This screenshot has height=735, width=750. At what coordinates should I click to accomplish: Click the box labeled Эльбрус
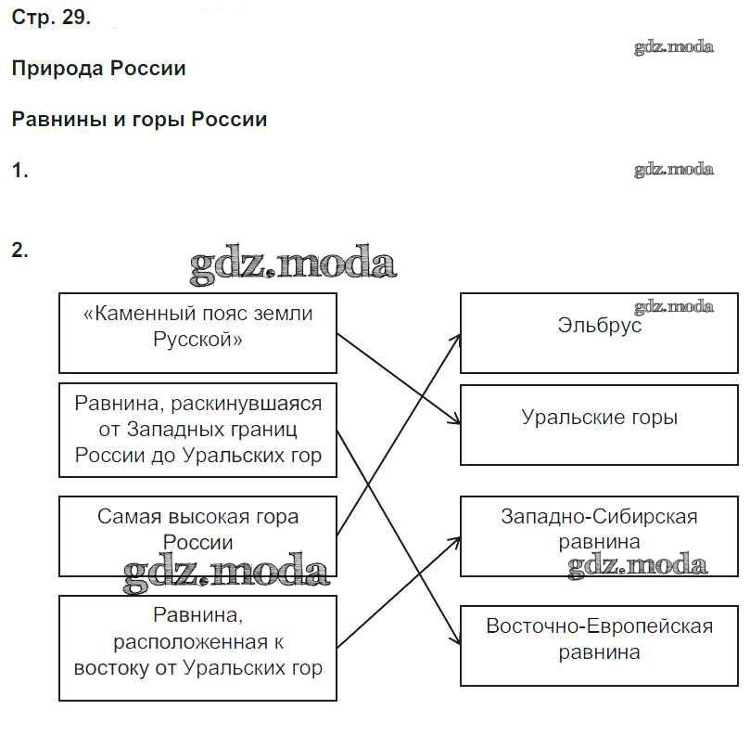pyautogui.click(x=599, y=332)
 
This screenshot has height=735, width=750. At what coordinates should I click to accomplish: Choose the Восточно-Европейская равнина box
pyautogui.click(x=599, y=645)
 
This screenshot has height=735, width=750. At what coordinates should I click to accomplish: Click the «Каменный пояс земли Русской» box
pyautogui.click(x=197, y=332)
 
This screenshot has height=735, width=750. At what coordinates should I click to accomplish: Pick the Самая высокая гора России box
pyautogui.click(x=197, y=535)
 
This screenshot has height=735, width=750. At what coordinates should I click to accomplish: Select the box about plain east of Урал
pyautogui.click(x=197, y=647)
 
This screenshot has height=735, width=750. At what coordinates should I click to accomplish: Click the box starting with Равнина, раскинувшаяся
pyautogui.click(x=197, y=430)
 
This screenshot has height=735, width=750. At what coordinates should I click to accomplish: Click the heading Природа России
pyautogui.click(x=98, y=69)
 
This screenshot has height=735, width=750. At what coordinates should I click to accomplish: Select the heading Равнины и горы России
pyautogui.click(x=139, y=120)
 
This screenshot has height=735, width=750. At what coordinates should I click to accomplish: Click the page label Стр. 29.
pyautogui.click(x=51, y=19)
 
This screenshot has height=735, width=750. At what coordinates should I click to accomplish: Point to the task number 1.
pyautogui.click(x=19, y=171)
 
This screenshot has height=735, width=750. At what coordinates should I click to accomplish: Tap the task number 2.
pyautogui.click(x=19, y=250)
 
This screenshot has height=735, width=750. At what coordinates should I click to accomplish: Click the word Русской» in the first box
pyautogui.click(x=197, y=340)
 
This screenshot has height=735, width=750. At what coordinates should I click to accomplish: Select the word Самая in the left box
pyautogui.click(x=130, y=517)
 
